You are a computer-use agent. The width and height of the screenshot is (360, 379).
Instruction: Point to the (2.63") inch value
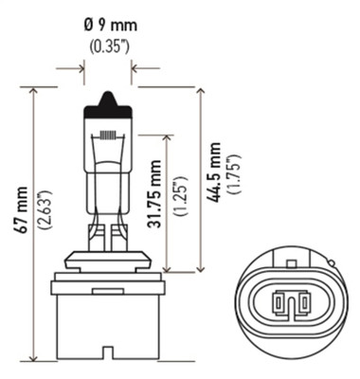[43, 225]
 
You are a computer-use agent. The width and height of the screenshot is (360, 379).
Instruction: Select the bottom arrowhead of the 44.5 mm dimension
[200, 268]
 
